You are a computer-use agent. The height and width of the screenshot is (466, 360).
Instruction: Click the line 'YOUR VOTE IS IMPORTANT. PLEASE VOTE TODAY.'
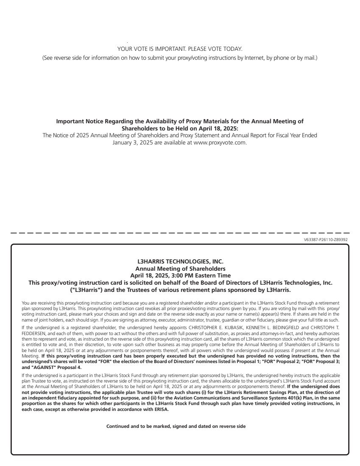tap(180, 49)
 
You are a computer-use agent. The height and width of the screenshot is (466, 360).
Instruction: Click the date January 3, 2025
tap(135, 142)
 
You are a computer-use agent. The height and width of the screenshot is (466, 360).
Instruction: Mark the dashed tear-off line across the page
tap(180, 233)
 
